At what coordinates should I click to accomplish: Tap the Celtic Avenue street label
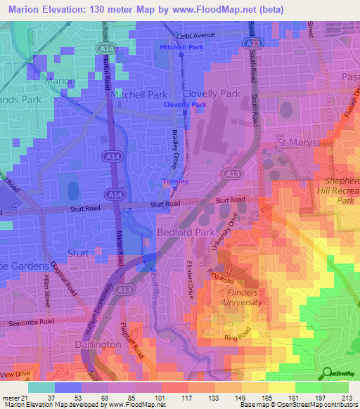(x=196, y=35)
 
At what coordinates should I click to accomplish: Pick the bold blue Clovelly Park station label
(x=185, y=105)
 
